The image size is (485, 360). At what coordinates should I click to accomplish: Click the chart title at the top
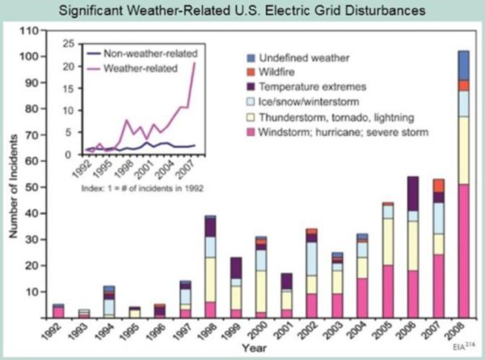pyautogui.click(x=242, y=11)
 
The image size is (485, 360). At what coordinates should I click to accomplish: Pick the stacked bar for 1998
pyautogui.click(x=210, y=267)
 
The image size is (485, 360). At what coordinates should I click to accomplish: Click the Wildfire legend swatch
pyautogui.click(x=251, y=71)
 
